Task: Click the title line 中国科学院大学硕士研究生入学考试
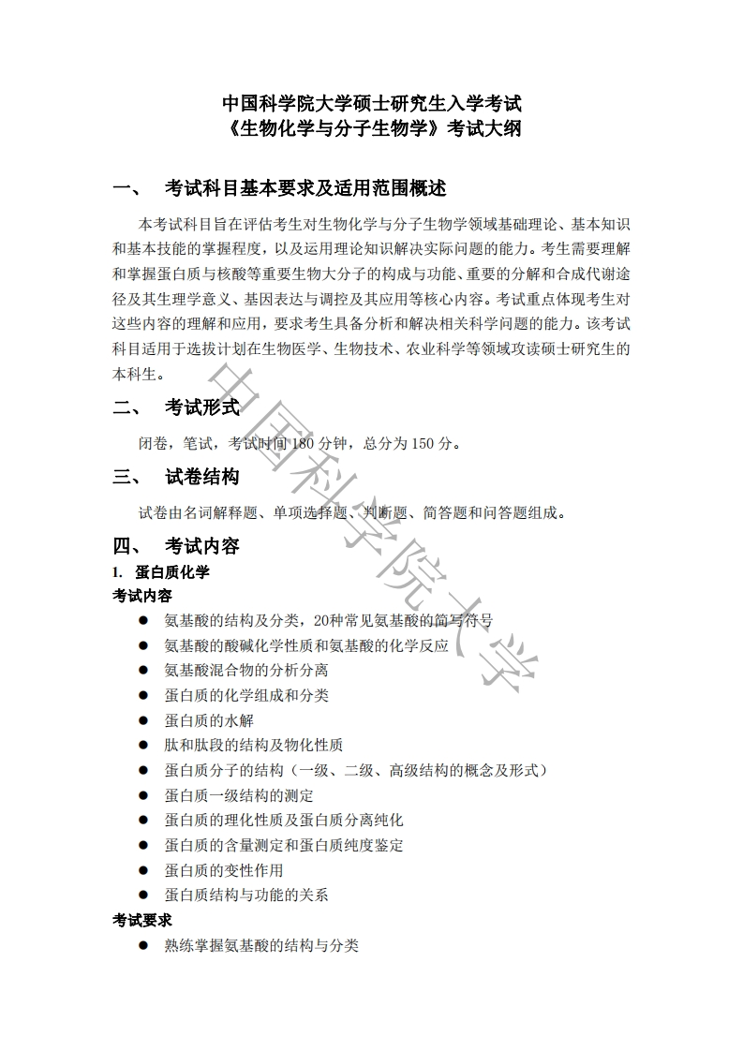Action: [371, 102]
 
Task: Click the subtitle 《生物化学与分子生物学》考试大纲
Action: [371, 128]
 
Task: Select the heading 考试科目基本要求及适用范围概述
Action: [305, 187]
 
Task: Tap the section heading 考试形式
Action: [202, 407]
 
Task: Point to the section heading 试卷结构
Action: [202, 477]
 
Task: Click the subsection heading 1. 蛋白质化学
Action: [161, 571]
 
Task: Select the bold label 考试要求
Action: [142, 921]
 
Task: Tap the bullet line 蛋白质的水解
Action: [209, 720]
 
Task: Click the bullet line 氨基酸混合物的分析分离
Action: [246, 671]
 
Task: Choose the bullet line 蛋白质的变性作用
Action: [224, 870]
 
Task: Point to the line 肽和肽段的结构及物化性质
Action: [254, 746]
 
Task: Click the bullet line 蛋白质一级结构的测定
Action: [239, 795]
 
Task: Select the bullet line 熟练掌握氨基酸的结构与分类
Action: [261, 946]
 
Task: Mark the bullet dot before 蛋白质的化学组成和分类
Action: [143, 695]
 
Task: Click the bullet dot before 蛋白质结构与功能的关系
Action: [143, 896]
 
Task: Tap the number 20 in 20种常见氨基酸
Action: [323, 620]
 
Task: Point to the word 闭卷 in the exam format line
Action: [153, 443]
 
